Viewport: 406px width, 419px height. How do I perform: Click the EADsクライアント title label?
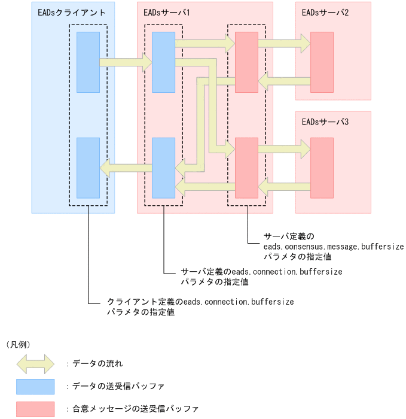coord(63,12)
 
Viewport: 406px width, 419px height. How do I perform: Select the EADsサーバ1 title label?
coord(167,12)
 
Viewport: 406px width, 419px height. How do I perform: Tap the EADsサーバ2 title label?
coord(325,12)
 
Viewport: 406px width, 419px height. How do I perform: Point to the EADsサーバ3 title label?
coord(325,122)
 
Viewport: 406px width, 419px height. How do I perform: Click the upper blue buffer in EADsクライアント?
coord(88,62)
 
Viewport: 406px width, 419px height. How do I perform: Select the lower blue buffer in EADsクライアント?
coord(88,168)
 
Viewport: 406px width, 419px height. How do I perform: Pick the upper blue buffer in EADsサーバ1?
coord(163,62)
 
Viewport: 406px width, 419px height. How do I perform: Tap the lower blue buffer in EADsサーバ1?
coord(163,168)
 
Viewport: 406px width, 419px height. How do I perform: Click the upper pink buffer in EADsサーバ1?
coord(246,62)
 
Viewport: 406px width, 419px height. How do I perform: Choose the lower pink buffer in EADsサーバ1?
coord(246,168)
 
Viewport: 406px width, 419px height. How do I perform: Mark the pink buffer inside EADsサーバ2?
coord(322,62)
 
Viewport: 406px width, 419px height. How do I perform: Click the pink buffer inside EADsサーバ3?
coord(322,168)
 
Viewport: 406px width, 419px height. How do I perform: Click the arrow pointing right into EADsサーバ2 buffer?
coord(284,42)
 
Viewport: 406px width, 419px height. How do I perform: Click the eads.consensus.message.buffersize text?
coord(334,247)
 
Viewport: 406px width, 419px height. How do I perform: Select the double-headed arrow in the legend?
coord(35,363)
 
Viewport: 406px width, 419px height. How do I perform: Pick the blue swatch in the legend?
coord(35,386)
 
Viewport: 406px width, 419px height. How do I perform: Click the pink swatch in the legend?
coord(35,409)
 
